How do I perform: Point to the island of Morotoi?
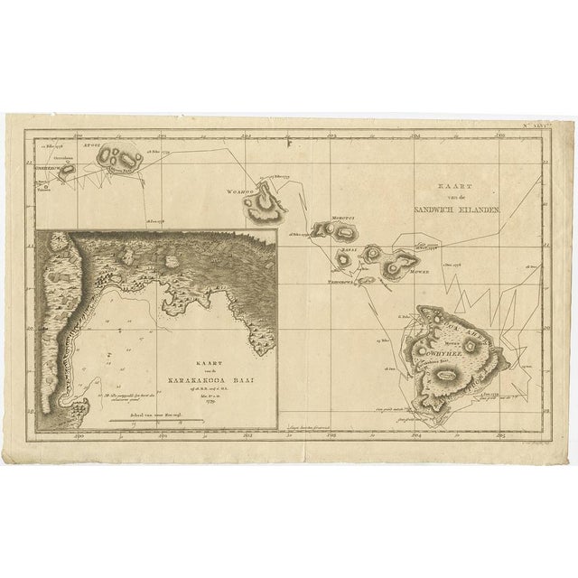(341, 229)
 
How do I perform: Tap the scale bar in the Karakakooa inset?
(157, 419)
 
